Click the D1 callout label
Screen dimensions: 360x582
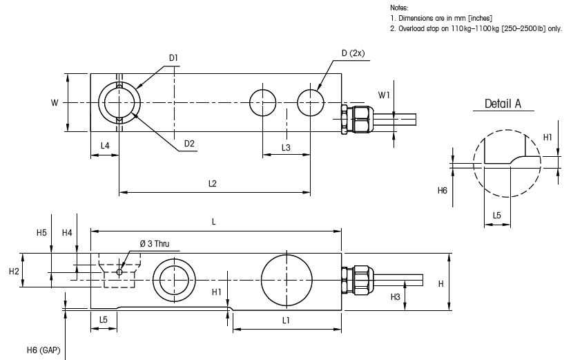pyautogui.click(x=173, y=57)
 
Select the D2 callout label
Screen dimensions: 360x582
pyautogui.click(x=189, y=144)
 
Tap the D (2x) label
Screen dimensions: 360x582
pyautogui.click(x=353, y=53)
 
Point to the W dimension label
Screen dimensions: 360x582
pyautogui.click(x=55, y=102)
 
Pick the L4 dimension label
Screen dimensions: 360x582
pyautogui.click(x=105, y=146)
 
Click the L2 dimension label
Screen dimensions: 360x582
pyautogui.click(x=213, y=184)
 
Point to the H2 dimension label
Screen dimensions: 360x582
pyautogui.click(x=14, y=272)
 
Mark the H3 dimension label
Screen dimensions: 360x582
pyautogui.click(x=396, y=296)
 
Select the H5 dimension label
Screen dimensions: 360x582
pyautogui.click(x=41, y=233)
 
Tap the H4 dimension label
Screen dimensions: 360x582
pyautogui.click(x=67, y=233)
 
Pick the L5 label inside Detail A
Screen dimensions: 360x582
pyautogui.click(x=497, y=216)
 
